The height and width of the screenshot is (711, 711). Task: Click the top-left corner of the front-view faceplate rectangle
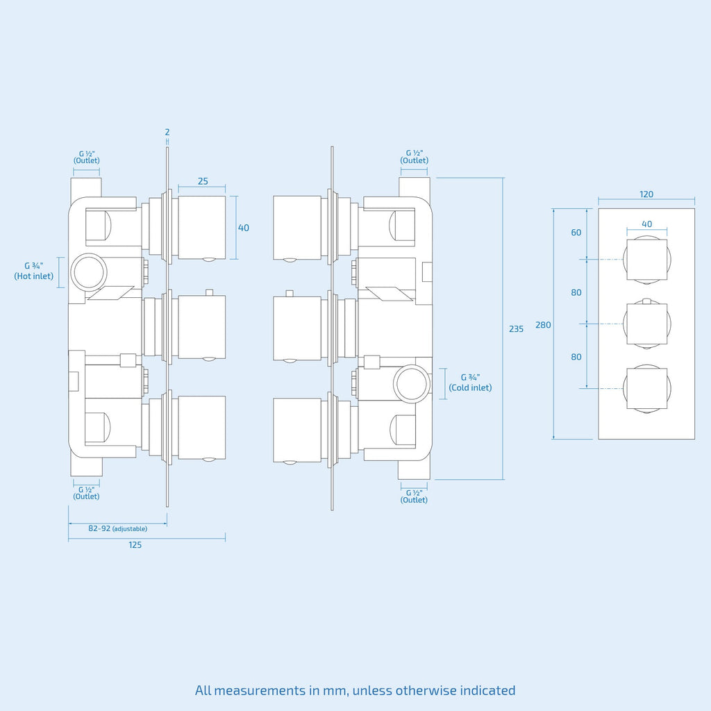pos(599,208)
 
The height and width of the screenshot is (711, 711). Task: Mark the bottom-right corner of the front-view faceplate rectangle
pos(694,439)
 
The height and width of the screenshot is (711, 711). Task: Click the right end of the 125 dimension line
pos(226,539)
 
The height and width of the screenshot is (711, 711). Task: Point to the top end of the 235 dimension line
pos(503,178)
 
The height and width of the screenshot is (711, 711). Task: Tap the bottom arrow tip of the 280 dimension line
pos(553,439)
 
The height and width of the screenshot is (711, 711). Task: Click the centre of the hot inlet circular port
pos(89,272)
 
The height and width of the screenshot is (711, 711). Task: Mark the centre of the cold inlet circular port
pos(412,383)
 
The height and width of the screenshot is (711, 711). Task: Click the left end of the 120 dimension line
pos(599,199)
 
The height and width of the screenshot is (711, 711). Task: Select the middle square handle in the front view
pos(646,324)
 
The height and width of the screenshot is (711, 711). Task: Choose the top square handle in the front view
pos(646,260)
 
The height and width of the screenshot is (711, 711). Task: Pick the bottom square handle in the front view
pos(646,388)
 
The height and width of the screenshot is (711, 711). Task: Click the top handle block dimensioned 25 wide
pos(202,228)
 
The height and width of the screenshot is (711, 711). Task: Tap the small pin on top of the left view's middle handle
pos(210,292)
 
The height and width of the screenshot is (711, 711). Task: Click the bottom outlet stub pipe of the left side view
pos(86,465)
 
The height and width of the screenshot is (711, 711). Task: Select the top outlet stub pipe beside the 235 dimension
pos(414,187)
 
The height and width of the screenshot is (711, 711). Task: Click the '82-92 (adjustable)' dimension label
pos(117,528)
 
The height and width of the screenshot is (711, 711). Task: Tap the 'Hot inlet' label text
pos(33,276)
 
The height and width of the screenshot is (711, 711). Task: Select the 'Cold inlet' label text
pos(470,387)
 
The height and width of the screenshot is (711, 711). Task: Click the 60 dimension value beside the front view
pos(576,233)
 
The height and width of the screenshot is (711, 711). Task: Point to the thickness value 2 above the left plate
pos(167,132)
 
